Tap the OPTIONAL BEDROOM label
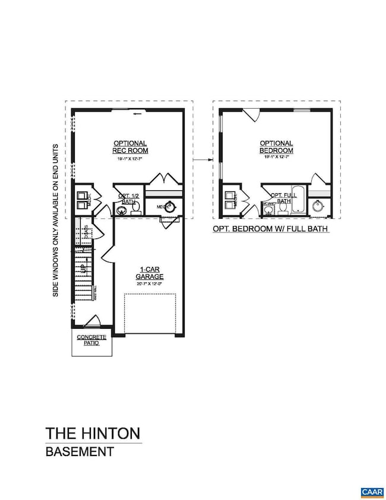[276, 147]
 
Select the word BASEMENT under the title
[80, 451]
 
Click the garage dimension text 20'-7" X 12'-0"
[148, 284]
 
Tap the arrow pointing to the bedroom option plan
[204, 159]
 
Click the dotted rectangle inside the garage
[150, 313]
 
